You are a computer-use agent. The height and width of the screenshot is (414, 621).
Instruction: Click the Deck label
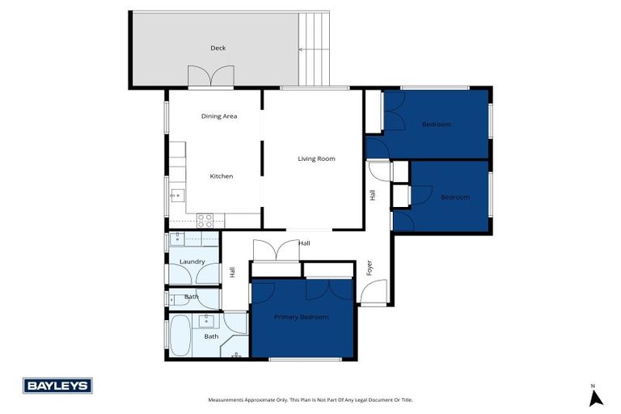click(x=218, y=48)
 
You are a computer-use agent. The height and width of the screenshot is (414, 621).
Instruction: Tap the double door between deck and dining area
click(x=211, y=78)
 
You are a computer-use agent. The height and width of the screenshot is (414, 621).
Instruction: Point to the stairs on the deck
click(x=315, y=49)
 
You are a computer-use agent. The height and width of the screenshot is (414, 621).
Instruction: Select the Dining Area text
click(x=219, y=116)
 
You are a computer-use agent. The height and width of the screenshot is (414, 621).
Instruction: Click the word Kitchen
click(x=222, y=176)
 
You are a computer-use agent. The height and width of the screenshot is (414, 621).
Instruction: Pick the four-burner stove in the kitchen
click(x=205, y=218)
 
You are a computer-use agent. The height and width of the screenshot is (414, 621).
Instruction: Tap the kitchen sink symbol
click(x=176, y=194)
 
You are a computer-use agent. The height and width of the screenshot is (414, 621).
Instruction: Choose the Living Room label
click(x=315, y=158)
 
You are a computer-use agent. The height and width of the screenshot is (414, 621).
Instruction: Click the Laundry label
click(x=192, y=261)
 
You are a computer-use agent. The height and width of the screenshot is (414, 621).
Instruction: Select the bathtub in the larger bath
click(x=179, y=336)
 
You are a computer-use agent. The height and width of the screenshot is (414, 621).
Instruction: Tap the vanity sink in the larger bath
click(x=205, y=320)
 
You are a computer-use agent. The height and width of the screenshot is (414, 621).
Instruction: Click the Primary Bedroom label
click(x=301, y=317)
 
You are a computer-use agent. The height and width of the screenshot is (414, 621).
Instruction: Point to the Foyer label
click(x=370, y=268)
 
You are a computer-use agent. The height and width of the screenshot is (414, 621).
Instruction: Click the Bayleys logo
click(x=57, y=386)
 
